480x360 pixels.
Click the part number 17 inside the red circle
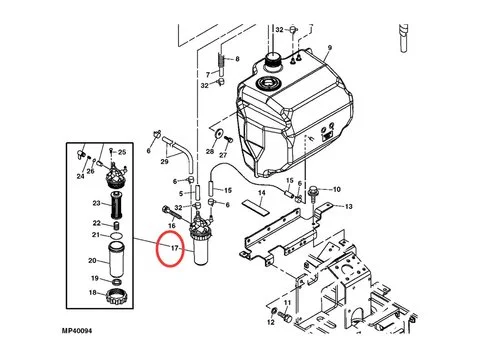click(x=173, y=248)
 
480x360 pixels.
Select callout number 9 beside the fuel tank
click(x=326, y=48)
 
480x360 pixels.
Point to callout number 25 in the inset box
click(x=121, y=152)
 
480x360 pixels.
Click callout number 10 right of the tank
click(x=336, y=188)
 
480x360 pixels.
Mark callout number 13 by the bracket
click(x=349, y=205)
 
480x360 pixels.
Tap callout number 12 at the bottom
click(x=270, y=323)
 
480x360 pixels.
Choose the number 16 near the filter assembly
click(x=172, y=226)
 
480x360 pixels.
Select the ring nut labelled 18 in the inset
click(x=116, y=293)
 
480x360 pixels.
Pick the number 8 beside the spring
click(x=237, y=59)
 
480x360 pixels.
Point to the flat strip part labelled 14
click(x=253, y=206)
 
